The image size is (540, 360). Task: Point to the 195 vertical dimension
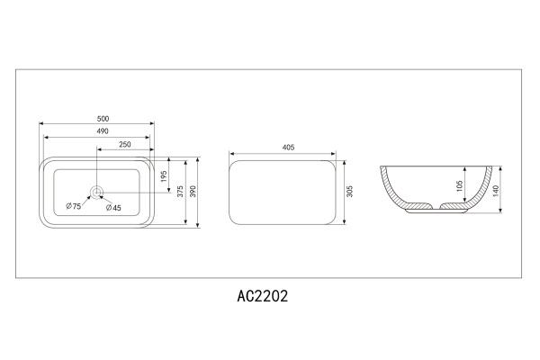tap(165, 177)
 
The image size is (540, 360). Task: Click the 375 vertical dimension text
tap(180, 192)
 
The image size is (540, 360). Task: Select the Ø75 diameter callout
tap(74, 207)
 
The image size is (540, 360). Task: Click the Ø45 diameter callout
tap(114, 207)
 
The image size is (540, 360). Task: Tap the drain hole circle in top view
tap(97, 192)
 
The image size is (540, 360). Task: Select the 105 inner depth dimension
tap(459, 186)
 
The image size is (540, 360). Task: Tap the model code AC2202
tap(263, 295)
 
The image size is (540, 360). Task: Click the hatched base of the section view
tap(417, 210)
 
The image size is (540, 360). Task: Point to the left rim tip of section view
tap(382, 166)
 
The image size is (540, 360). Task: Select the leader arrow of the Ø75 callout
tap(88, 198)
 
